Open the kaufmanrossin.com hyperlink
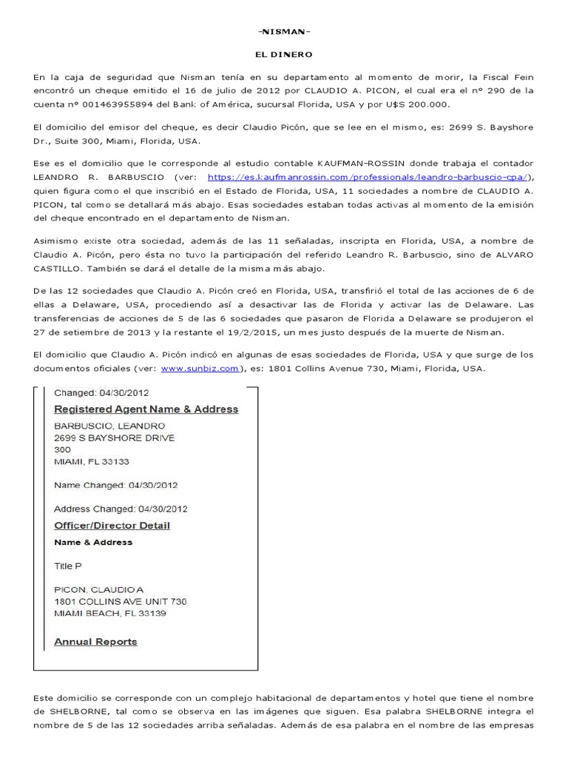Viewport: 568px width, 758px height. pos(369,177)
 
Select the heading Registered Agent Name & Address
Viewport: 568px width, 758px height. pos(146,409)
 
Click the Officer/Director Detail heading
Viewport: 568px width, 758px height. pos(112,526)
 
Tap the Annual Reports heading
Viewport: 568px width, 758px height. pos(96,642)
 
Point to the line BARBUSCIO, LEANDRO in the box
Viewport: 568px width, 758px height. pos(109,426)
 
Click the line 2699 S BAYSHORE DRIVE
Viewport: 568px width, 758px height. pos(115,438)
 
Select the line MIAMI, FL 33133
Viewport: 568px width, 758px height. pos(92,462)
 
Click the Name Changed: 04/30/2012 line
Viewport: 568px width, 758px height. pos(116,486)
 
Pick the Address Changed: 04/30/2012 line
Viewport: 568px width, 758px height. pos(121,509)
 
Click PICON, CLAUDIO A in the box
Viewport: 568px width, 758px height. pos(99,590)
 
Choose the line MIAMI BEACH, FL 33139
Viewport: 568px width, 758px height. pos(111,614)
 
